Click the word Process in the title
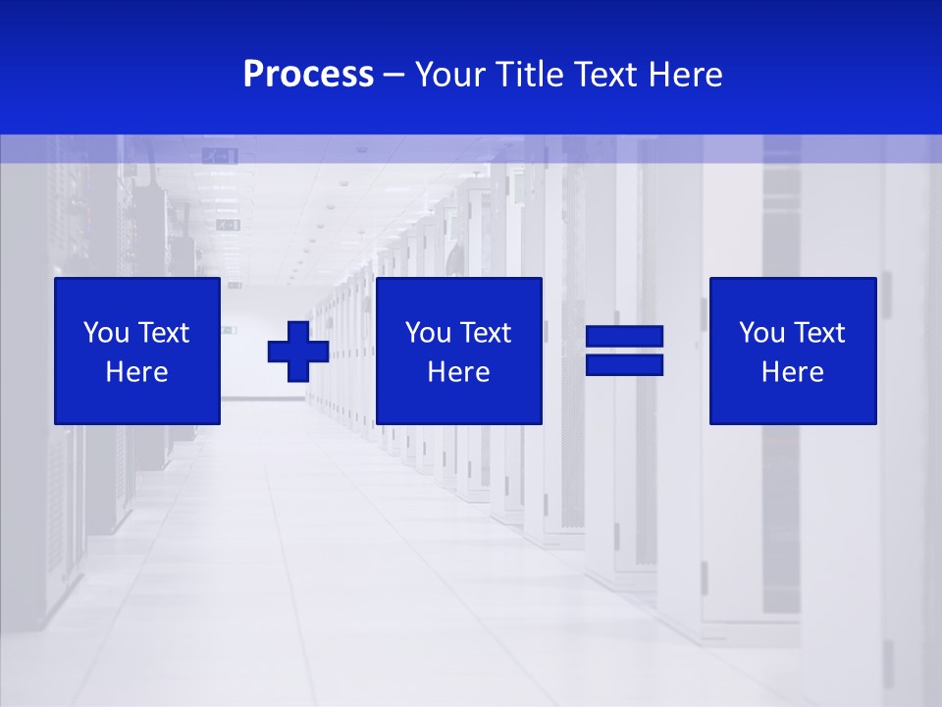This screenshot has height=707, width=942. click(x=308, y=75)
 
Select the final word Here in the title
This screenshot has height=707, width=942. click(x=686, y=75)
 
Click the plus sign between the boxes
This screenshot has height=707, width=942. click(x=298, y=351)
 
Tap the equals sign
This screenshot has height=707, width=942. click(x=624, y=351)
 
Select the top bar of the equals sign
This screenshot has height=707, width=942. click(x=624, y=337)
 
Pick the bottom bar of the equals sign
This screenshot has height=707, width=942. click(x=624, y=364)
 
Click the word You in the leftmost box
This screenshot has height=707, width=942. click(x=105, y=333)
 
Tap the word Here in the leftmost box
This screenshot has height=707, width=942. click(x=137, y=372)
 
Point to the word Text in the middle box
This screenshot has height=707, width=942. click(x=486, y=333)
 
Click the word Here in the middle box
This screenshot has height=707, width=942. click(x=459, y=372)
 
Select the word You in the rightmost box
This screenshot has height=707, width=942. click(x=760, y=333)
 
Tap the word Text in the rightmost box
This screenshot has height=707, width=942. click(x=819, y=333)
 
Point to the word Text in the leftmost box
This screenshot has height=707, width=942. click(x=164, y=333)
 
